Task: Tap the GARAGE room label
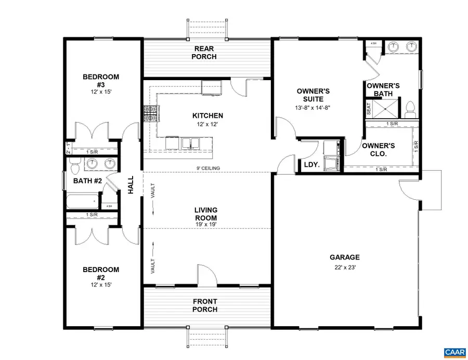point(344,257)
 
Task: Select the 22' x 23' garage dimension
point(344,267)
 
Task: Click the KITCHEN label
point(208,115)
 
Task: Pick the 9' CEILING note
point(208,168)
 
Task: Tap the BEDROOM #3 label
point(101,81)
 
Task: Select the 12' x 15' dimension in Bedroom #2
point(101,285)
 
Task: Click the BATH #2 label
point(86,181)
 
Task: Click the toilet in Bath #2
point(74,166)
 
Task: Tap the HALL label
point(131,185)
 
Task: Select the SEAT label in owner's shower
point(369,109)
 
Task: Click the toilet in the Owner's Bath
point(410,108)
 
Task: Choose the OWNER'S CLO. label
point(378,150)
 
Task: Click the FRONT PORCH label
point(205,305)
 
